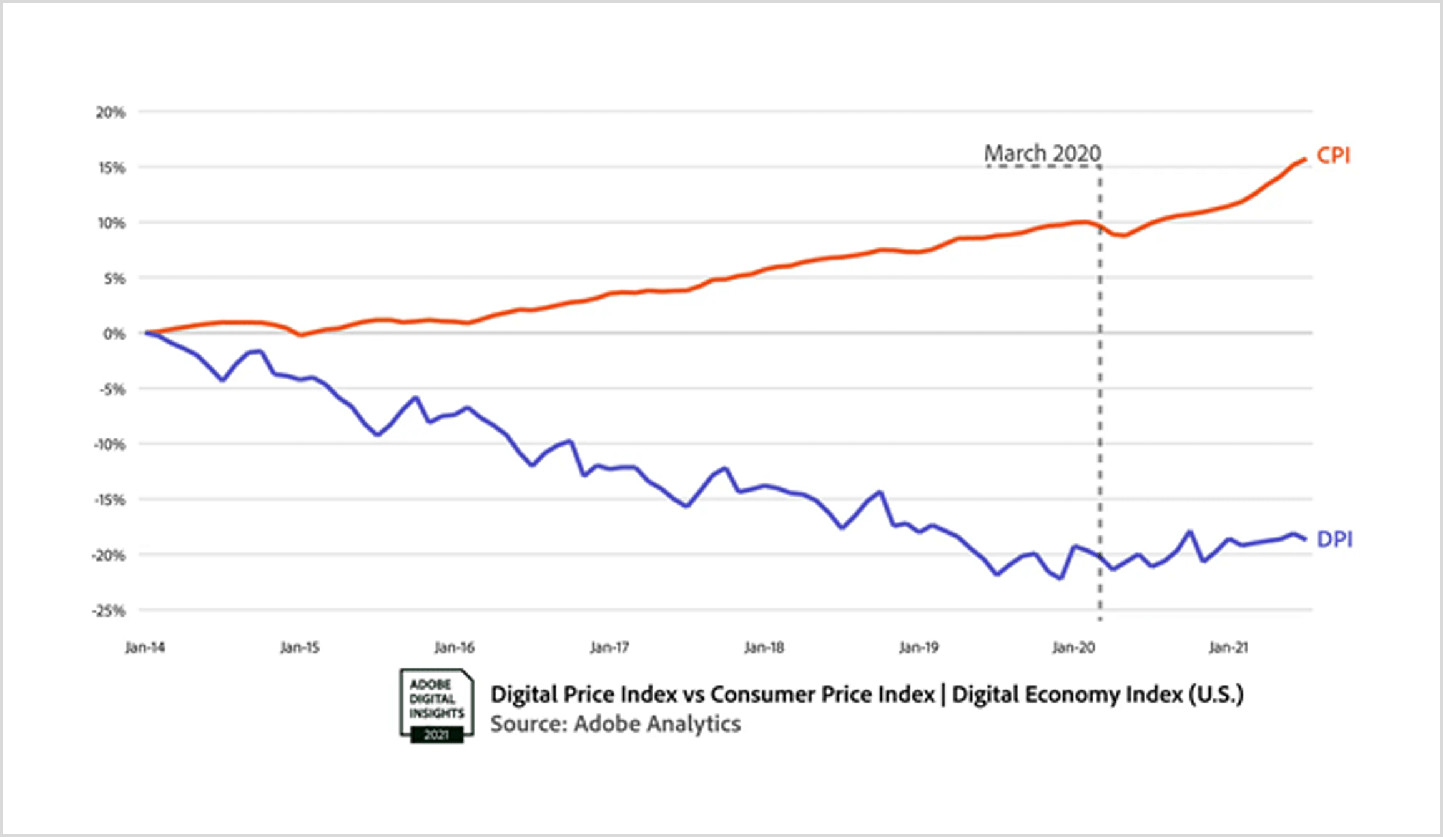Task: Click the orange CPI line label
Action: point(1333,155)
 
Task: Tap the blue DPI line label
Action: point(1334,539)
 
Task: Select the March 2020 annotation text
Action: point(1042,154)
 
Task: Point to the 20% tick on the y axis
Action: point(111,112)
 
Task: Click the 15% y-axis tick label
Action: point(112,167)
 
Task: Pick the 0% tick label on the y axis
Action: point(114,334)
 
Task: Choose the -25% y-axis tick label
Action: point(109,611)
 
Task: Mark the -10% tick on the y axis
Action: point(109,445)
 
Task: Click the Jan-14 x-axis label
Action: point(145,648)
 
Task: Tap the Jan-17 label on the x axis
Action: point(609,648)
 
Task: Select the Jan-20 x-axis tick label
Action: point(1073,648)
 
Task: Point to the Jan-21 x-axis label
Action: point(1228,648)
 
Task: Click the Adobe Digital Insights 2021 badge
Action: point(436,706)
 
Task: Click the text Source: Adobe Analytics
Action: point(615,724)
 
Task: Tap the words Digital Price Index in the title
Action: point(583,695)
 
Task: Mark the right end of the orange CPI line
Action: point(1304,160)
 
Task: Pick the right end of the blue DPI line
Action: point(1304,539)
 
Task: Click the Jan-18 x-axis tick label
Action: point(764,648)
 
